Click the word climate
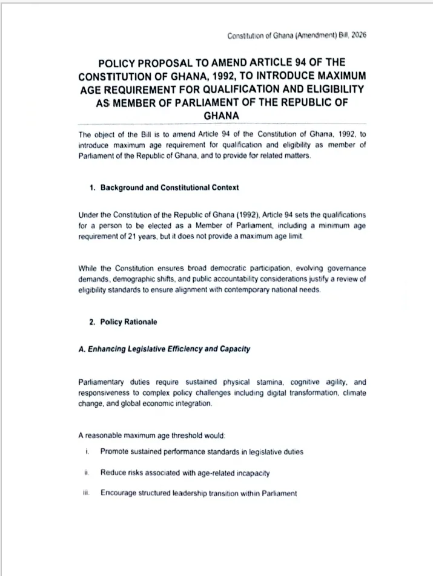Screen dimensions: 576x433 pyautogui.click(x=354, y=393)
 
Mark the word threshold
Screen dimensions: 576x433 pyautogui.click(x=204, y=434)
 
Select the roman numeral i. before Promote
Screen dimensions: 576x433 pyautogui.click(x=87, y=451)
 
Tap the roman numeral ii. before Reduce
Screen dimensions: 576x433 pyautogui.click(x=87, y=472)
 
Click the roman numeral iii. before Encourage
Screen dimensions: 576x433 pyautogui.click(x=86, y=493)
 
